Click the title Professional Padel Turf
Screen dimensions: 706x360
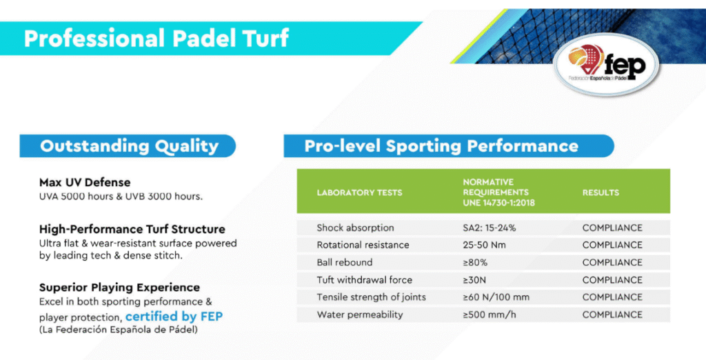[x=157, y=39]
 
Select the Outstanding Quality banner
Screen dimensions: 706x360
[x=128, y=146]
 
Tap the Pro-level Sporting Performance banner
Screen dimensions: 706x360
[x=449, y=146]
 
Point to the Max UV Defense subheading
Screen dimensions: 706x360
[x=85, y=183]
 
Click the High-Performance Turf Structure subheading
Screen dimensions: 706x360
[x=132, y=229]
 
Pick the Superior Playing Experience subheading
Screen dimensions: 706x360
[x=119, y=288]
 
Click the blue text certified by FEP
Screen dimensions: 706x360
[x=174, y=317]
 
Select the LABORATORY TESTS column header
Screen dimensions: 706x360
[x=359, y=192]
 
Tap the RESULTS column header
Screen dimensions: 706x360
[x=601, y=192]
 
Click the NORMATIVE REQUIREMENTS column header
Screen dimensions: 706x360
[x=499, y=192]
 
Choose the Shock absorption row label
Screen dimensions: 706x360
[x=355, y=228]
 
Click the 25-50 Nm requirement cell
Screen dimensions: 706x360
[x=484, y=245]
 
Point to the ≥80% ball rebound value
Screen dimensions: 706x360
[x=475, y=263]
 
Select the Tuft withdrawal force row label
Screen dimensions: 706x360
[x=364, y=280]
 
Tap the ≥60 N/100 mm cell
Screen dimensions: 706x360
[x=496, y=297]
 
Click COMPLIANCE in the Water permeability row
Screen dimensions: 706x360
[x=612, y=315]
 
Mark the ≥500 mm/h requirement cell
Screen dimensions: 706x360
[x=490, y=315]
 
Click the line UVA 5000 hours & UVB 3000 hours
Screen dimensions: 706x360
[x=121, y=197]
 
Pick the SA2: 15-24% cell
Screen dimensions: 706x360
[x=490, y=228]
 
